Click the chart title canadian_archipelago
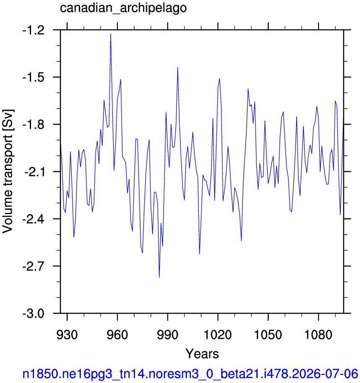pos(123,8)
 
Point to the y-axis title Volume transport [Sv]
pos(8,171)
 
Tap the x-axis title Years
pos(202,354)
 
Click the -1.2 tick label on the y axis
pos(34,31)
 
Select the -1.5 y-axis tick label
pos(34,78)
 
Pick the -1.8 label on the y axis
pos(34,125)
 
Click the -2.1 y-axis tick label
pos(34,173)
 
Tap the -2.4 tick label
pos(34,220)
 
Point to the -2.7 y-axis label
pos(34,267)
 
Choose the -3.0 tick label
pos(34,314)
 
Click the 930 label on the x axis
pos(67,335)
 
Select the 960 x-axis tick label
pos(117,335)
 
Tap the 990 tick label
pos(168,335)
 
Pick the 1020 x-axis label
pos(218,335)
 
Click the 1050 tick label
pos(268,335)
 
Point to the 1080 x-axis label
pos(318,335)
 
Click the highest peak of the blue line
pos(111,34)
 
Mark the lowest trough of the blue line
pos(159,277)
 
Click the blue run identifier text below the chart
pos(190,374)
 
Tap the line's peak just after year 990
pos(177,67)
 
